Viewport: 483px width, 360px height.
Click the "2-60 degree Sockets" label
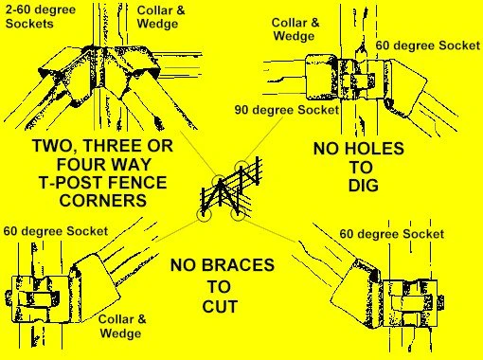[x=41, y=17]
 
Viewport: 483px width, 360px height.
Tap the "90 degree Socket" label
[x=287, y=110]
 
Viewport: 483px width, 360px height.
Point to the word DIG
[x=364, y=186]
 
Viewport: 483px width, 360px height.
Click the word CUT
[x=220, y=307]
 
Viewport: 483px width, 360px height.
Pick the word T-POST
[x=71, y=183]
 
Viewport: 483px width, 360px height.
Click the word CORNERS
[x=103, y=201]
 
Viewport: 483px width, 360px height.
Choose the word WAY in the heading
[x=128, y=164]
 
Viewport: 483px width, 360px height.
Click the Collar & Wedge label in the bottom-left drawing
[x=122, y=326]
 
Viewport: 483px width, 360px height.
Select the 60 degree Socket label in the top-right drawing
[x=427, y=45]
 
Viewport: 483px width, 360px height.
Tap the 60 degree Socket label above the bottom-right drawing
[x=392, y=234]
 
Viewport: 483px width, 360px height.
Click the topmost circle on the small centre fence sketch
[x=241, y=167]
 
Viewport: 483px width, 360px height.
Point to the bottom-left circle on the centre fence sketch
[x=204, y=214]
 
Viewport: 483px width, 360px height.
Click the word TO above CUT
[x=219, y=287]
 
